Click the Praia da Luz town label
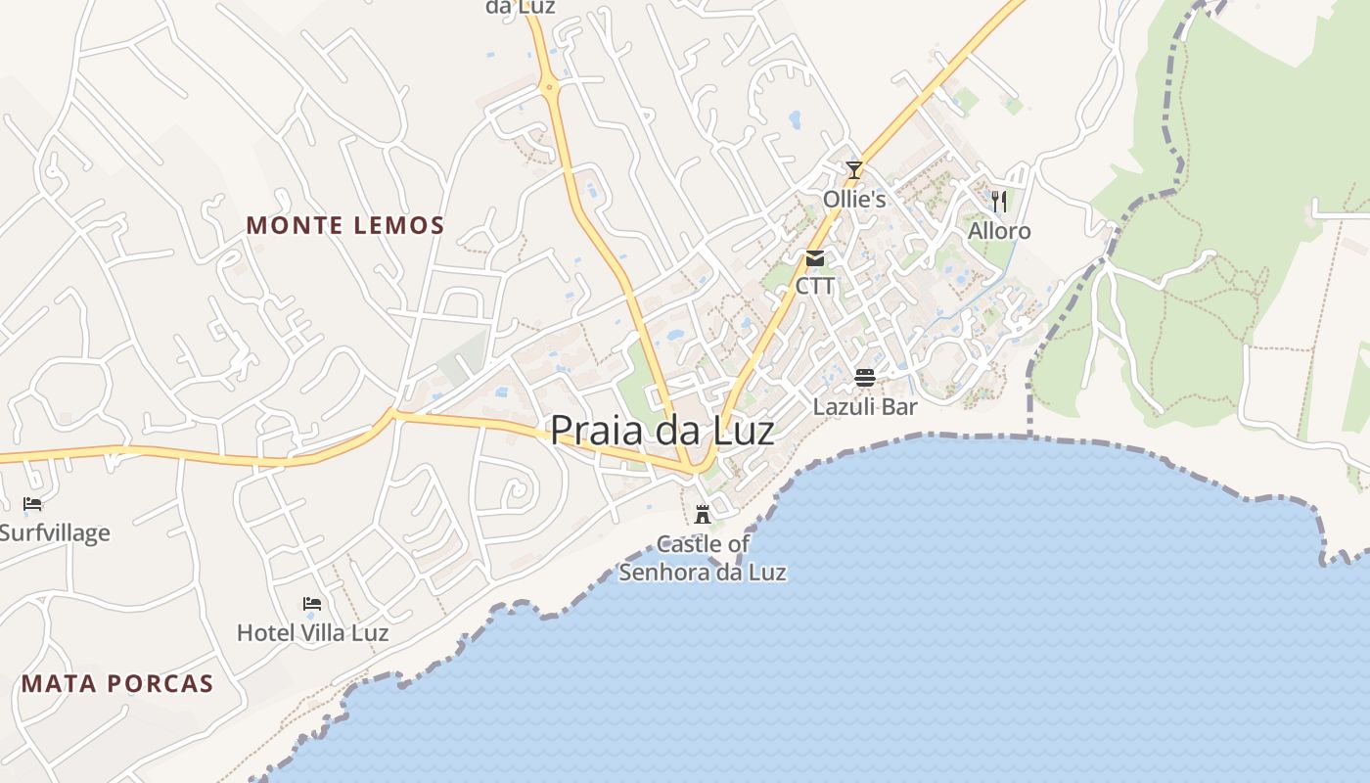pyautogui.click(x=662, y=431)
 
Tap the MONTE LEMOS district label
pyautogui.click(x=345, y=226)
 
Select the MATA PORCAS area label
pyautogui.click(x=117, y=683)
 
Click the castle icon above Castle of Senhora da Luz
pyautogui.click(x=702, y=514)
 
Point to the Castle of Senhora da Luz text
pyautogui.click(x=703, y=558)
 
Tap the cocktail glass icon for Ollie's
pyautogui.click(x=854, y=170)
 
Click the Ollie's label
pyautogui.click(x=854, y=200)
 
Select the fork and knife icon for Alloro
pyautogui.click(x=999, y=202)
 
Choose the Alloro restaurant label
pyautogui.click(x=999, y=231)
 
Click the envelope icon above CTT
pyautogui.click(x=815, y=258)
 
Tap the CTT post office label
pyautogui.click(x=815, y=286)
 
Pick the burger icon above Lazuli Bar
pyautogui.click(x=864, y=378)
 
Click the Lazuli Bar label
pyautogui.click(x=865, y=406)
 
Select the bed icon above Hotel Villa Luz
pyautogui.click(x=312, y=603)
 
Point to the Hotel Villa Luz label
pyautogui.click(x=313, y=632)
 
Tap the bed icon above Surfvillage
pyautogui.click(x=32, y=504)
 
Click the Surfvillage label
pyautogui.click(x=55, y=533)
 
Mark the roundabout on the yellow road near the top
pyautogui.click(x=550, y=88)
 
